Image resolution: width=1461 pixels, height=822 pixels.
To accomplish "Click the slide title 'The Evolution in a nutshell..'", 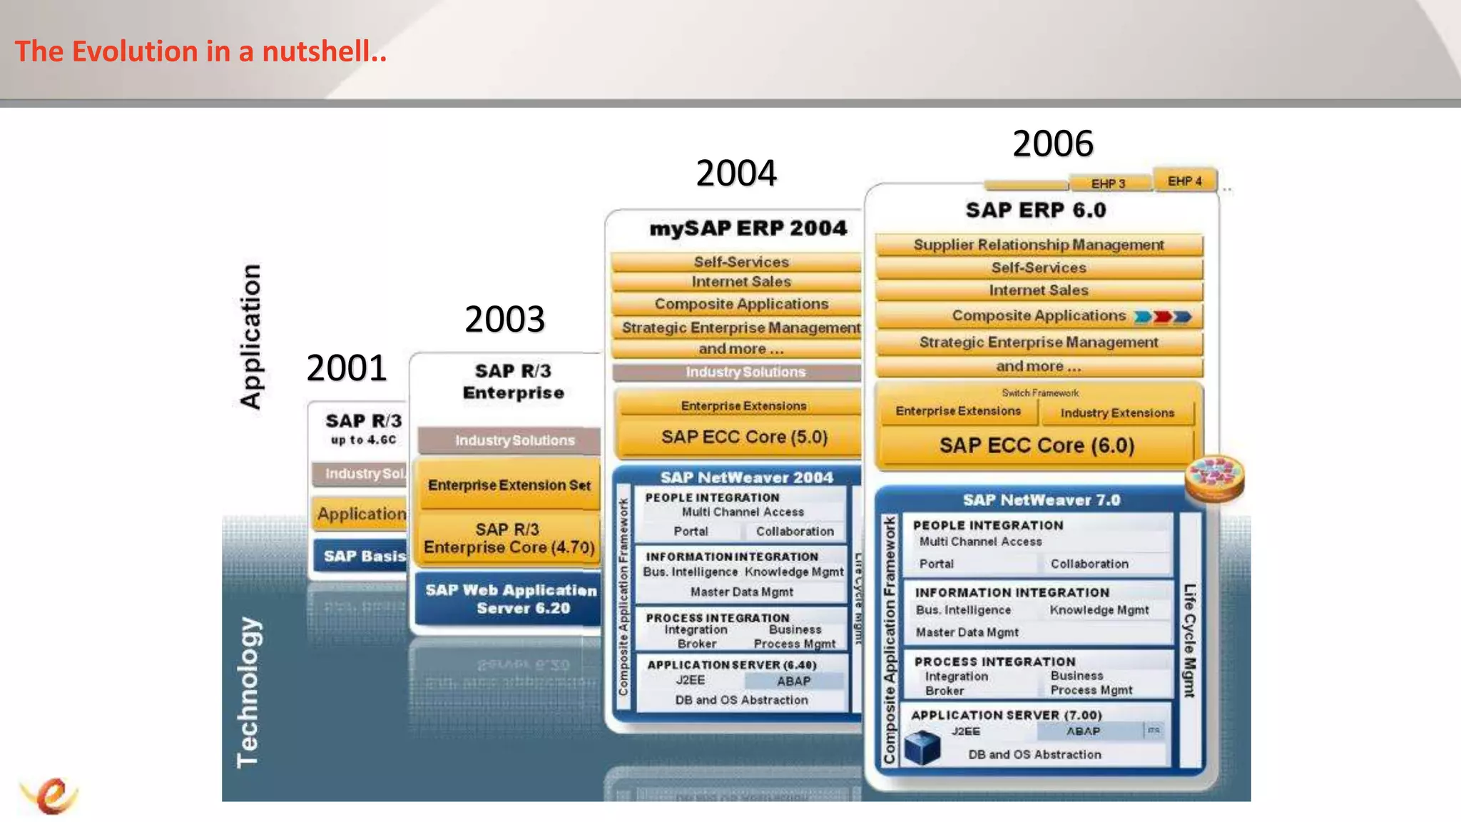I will coord(200,51).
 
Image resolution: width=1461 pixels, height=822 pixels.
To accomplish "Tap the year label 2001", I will coord(346,368).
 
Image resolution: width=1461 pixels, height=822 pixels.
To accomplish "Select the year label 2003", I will coord(504,319).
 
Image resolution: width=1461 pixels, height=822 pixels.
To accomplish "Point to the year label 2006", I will coord(1052,143).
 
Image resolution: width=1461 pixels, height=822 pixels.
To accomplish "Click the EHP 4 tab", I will coord(1184,181).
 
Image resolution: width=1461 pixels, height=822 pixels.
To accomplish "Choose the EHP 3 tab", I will coord(1108,184).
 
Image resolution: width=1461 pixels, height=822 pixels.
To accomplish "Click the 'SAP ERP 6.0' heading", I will coord(1035,210).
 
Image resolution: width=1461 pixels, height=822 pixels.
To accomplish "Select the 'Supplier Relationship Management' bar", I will coord(1038,245).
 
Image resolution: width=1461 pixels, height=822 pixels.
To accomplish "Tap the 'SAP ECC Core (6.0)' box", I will coord(1036,446).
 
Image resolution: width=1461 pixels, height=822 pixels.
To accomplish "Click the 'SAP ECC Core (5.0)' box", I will coord(743,437).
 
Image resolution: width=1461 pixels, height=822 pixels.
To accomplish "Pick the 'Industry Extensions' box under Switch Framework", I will coord(1116,413).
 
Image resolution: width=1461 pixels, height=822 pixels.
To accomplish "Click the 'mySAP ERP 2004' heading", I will coord(748,228).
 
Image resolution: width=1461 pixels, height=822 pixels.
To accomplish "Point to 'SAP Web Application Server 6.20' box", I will coord(511,599).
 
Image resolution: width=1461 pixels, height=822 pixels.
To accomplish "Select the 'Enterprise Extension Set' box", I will coord(509,485).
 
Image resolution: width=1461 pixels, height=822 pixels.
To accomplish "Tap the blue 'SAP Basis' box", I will coord(362,557).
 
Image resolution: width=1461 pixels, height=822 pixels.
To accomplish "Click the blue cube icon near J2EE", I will coord(922,747).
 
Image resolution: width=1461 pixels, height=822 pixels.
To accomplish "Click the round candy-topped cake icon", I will coord(1214,477).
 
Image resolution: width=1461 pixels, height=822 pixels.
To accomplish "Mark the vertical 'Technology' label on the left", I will coord(248,692).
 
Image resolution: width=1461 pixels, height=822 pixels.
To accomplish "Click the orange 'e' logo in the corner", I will coord(50,795).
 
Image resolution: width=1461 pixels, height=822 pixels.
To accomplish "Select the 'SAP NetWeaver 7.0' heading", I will coord(1041,500).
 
